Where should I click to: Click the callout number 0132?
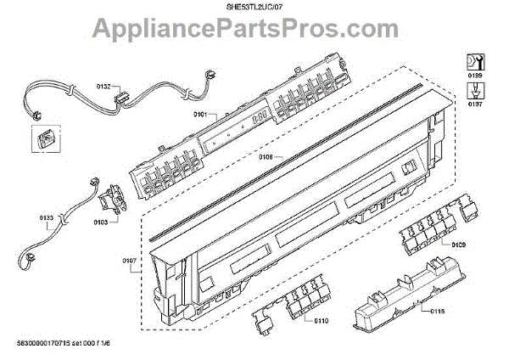(x=104, y=87)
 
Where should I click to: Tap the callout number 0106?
(x=265, y=157)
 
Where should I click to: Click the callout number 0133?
(x=47, y=218)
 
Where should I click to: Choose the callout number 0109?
(x=460, y=245)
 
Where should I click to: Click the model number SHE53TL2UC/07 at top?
(x=254, y=7)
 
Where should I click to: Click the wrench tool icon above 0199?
(x=473, y=61)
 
